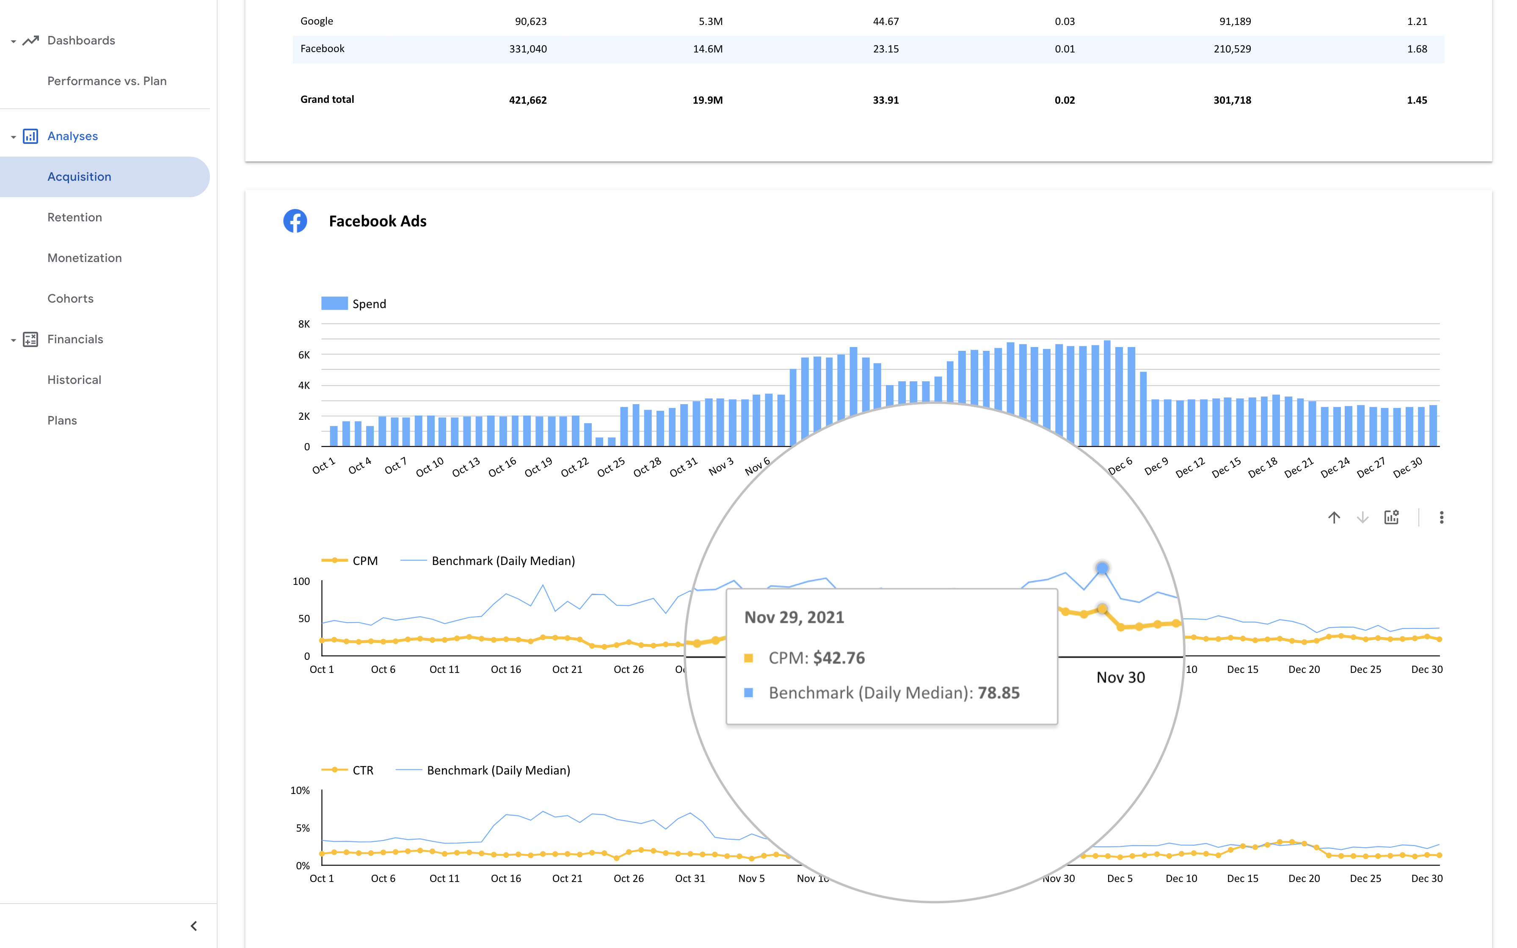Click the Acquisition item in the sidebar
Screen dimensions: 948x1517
pos(79,177)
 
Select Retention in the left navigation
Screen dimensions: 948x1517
pos(74,218)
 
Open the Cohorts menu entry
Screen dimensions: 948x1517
pos(70,298)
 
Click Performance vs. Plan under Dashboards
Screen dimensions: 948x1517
pos(107,81)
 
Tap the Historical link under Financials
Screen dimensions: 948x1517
pos(74,380)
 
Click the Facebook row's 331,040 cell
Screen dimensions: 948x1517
pos(527,49)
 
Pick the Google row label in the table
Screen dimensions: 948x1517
pos(317,21)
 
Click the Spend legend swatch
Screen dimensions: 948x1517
pos(334,303)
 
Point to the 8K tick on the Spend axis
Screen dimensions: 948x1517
pos(304,324)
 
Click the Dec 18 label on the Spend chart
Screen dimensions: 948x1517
pos(1262,468)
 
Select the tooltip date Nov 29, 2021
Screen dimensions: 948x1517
pos(794,617)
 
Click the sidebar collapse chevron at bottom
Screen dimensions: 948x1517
pos(194,926)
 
